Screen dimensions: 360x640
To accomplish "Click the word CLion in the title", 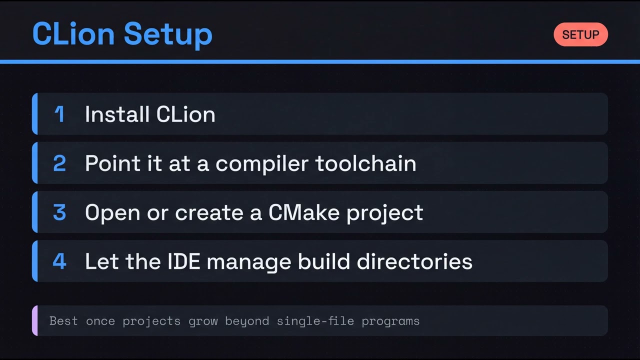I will [x=74, y=34].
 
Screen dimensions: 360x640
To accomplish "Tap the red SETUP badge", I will [x=580, y=34].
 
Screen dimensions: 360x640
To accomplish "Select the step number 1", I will [x=59, y=114].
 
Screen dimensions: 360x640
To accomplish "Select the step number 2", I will [x=59, y=163].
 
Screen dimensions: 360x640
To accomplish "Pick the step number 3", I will [x=59, y=212].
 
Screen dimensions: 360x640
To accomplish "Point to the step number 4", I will [x=59, y=261].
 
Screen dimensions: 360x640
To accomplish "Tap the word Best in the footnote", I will [x=63, y=321].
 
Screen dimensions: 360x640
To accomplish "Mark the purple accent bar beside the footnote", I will [x=34, y=320].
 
